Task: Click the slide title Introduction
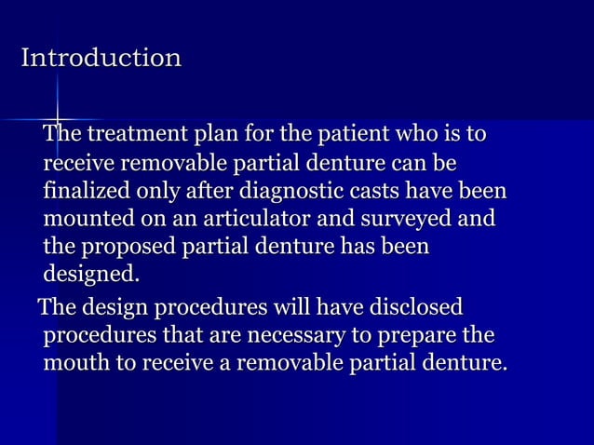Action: (x=101, y=59)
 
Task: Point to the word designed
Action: (x=89, y=276)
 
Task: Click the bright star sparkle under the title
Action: (x=57, y=120)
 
